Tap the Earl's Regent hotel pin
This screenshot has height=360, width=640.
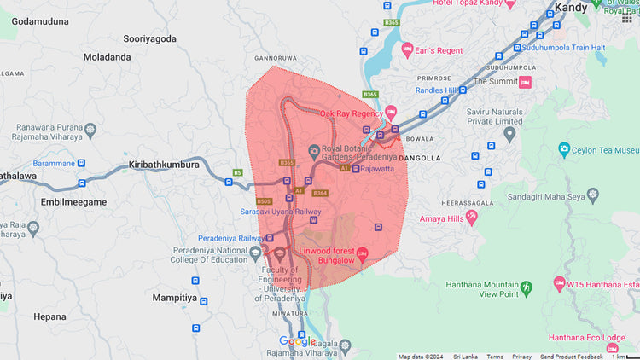408,50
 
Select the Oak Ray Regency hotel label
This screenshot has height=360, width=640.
351,113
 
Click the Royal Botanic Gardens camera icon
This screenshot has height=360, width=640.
314,151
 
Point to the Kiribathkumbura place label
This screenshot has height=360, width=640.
163,164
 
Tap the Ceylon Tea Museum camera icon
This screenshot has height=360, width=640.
564,149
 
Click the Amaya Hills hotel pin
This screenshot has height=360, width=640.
473,218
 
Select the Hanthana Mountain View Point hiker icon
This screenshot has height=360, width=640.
527,285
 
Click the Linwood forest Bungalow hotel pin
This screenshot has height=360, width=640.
361,253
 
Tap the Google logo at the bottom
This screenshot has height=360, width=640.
297,342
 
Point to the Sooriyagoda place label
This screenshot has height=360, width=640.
149,38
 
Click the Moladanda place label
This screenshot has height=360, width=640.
108,57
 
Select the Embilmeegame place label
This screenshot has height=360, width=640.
73,202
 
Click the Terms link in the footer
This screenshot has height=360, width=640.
495,357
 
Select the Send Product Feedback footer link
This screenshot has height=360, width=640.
572,357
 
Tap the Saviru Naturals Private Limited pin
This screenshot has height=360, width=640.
510,134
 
